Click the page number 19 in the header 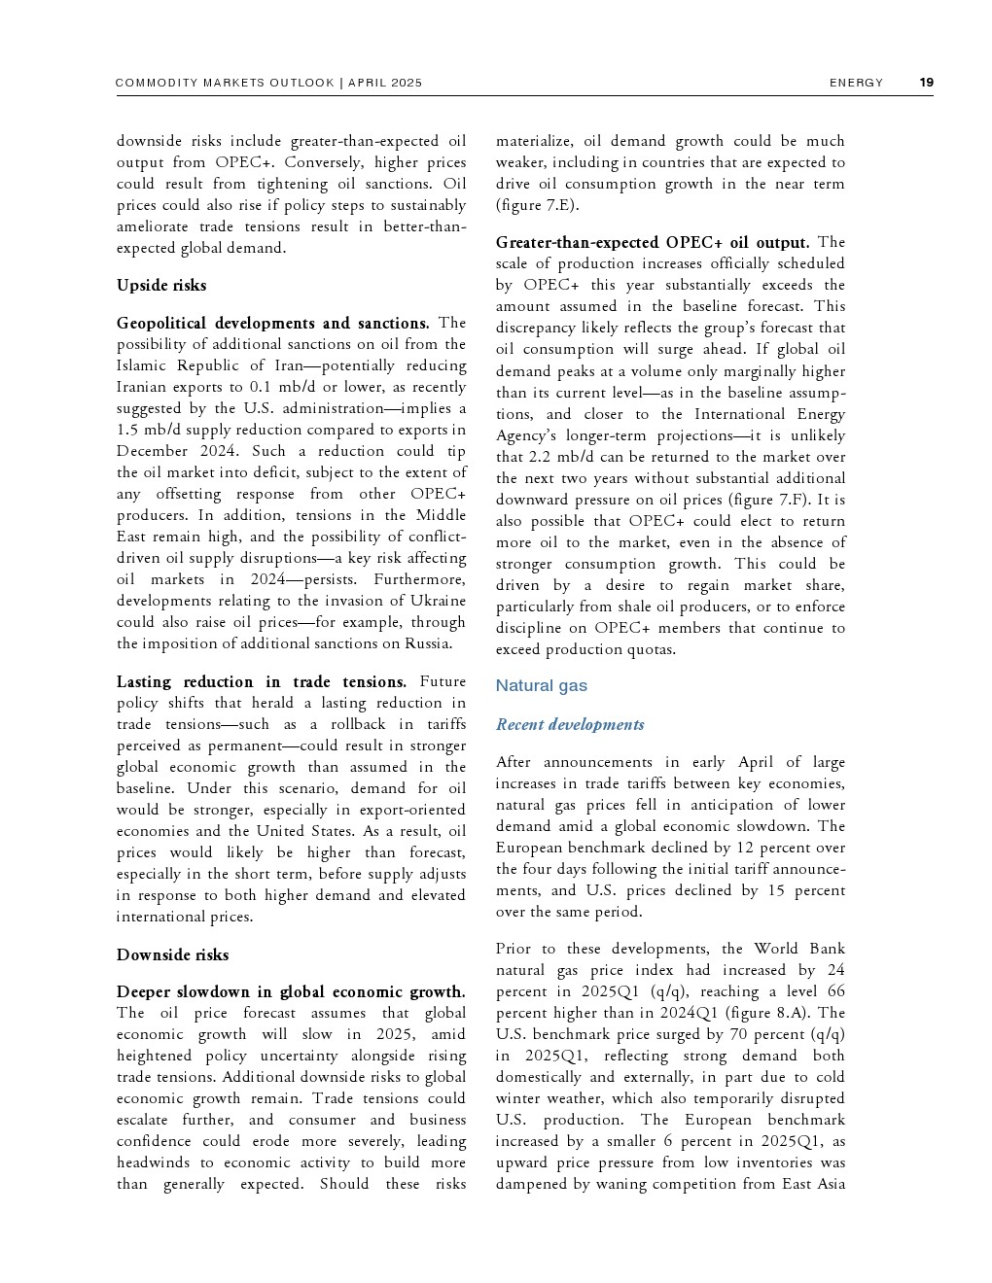point(926,83)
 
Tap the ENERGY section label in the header point(856,83)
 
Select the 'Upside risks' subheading point(161,285)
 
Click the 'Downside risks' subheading point(172,954)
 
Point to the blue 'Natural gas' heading point(541,685)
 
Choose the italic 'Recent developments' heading point(569,724)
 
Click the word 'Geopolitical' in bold point(161,323)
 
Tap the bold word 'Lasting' point(144,681)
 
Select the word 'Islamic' point(141,365)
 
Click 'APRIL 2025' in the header point(385,83)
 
